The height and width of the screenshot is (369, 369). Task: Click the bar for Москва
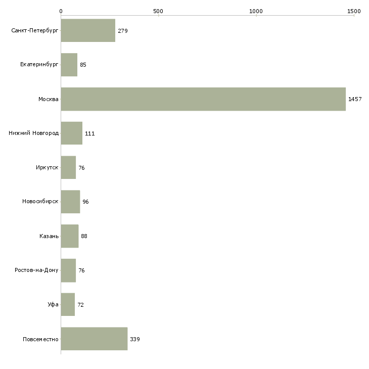tap(203, 99)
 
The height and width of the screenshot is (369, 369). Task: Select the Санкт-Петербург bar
tap(88, 30)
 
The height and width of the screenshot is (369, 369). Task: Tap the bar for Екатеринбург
tap(69, 65)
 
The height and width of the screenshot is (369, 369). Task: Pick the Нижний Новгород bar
tap(72, 133)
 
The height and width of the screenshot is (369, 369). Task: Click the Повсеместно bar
tap(94, 339)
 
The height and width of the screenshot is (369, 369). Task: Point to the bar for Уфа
tap(68, 304)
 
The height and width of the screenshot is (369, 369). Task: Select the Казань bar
tap(70, 236)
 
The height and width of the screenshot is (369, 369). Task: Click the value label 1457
tap(355, 99)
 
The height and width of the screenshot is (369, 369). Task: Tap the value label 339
tap(135, 339)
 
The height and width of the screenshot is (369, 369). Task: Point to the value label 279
tap(123, 31)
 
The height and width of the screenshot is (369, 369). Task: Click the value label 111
tap(89, 133)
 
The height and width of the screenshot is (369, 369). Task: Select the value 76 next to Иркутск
tap(81, 168)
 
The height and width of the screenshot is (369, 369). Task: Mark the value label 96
tap(85, 202)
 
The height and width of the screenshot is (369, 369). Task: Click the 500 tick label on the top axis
tap(158, 11)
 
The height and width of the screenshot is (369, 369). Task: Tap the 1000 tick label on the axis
tap(256, 11)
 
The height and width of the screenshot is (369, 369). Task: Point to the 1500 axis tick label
tap(354, 11)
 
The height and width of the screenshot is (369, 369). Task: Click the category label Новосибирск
tap(40, 202)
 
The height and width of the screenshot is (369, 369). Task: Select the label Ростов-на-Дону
tap(36, 270)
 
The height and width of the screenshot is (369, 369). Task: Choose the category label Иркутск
tap(47, 167)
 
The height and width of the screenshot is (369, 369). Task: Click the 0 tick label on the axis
tap(61, 11)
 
